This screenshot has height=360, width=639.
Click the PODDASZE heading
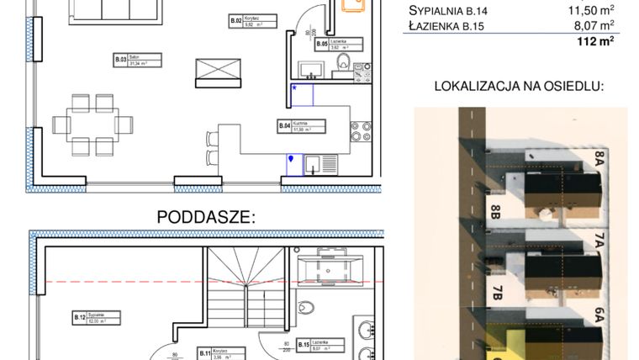pyautogui.click(x=207, y=216)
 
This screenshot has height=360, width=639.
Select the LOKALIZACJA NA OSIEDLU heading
pyautogui.click(x=520, y=87)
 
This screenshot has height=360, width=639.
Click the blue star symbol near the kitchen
pyautogui.click(x=294, y=87)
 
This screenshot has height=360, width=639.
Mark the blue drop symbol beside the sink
pyautogui.click(x=291, y=157)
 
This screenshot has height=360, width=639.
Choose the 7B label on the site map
pyautogui.click(x=497, y=294)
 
